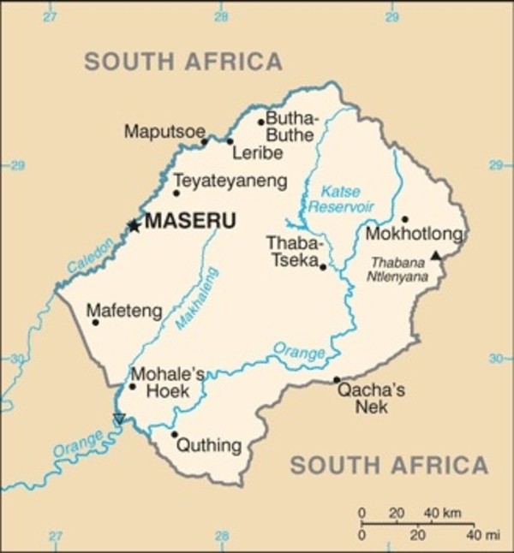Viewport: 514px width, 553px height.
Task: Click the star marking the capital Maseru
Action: [x=133, y=226]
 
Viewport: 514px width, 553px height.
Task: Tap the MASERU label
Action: [x=190, y=222]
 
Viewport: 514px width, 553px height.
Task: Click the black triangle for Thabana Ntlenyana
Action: [x=435, y=255]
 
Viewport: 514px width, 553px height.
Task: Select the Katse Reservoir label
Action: [x=341, y=199]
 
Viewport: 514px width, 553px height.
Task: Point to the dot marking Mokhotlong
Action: [x=404, y=219]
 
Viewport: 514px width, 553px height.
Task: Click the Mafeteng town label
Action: [x=125, y=312]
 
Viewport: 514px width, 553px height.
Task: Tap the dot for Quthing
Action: [x=175, y=435]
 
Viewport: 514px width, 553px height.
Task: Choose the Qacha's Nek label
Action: [x=371, y=398]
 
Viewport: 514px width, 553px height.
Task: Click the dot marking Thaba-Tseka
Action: [x=323, y=267]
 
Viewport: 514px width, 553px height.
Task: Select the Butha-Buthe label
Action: [x=291, y=127]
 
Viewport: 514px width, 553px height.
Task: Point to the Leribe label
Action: [x=257, y=153]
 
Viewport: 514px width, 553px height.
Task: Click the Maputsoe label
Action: [x=164, y=131]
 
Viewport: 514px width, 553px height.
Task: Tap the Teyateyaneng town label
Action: [x=230, y=181]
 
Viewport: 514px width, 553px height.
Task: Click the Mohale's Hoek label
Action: [x=168, y=382]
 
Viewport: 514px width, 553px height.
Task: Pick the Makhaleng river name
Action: [x=197, y=299]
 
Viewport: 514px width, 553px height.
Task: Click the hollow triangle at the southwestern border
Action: [x=119, y=419]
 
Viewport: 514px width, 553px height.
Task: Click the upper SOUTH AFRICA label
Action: [x=183, y=61]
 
